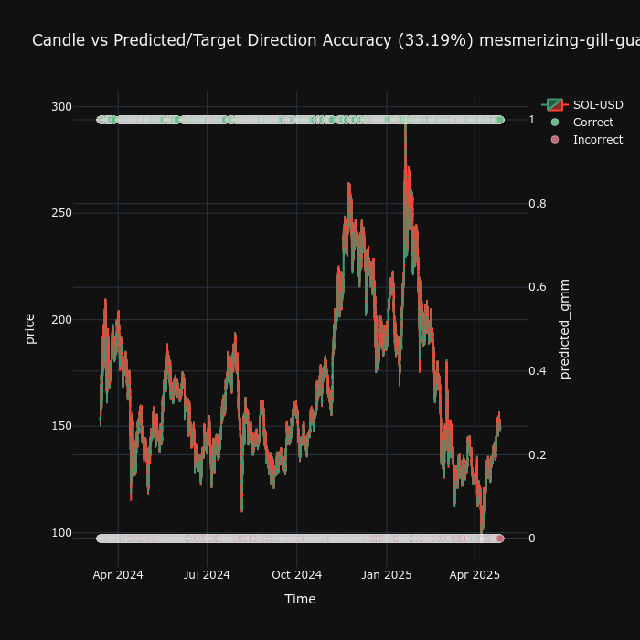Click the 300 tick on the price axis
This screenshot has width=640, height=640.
tap(61, 106)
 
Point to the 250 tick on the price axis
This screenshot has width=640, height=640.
tap(61, 213)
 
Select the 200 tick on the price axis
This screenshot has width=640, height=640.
tap(61, 319)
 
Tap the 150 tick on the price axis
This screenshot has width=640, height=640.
tap(61, 426)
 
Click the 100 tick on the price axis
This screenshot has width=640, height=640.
tap(61, 532)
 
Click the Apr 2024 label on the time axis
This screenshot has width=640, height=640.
tap(118, 575)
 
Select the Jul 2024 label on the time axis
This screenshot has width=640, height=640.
tap(207, 575)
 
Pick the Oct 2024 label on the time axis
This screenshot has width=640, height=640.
tap(297, 575)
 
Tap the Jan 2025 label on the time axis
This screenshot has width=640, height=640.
tap(387, 575)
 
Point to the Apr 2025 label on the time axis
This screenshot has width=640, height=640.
tap(475, 575)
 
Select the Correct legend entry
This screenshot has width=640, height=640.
tap(593, 123)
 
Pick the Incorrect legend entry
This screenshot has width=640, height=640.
tap(597, 140)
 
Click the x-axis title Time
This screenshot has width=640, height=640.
tap(300, 600)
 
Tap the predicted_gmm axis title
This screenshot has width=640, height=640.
tap(565, 329)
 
